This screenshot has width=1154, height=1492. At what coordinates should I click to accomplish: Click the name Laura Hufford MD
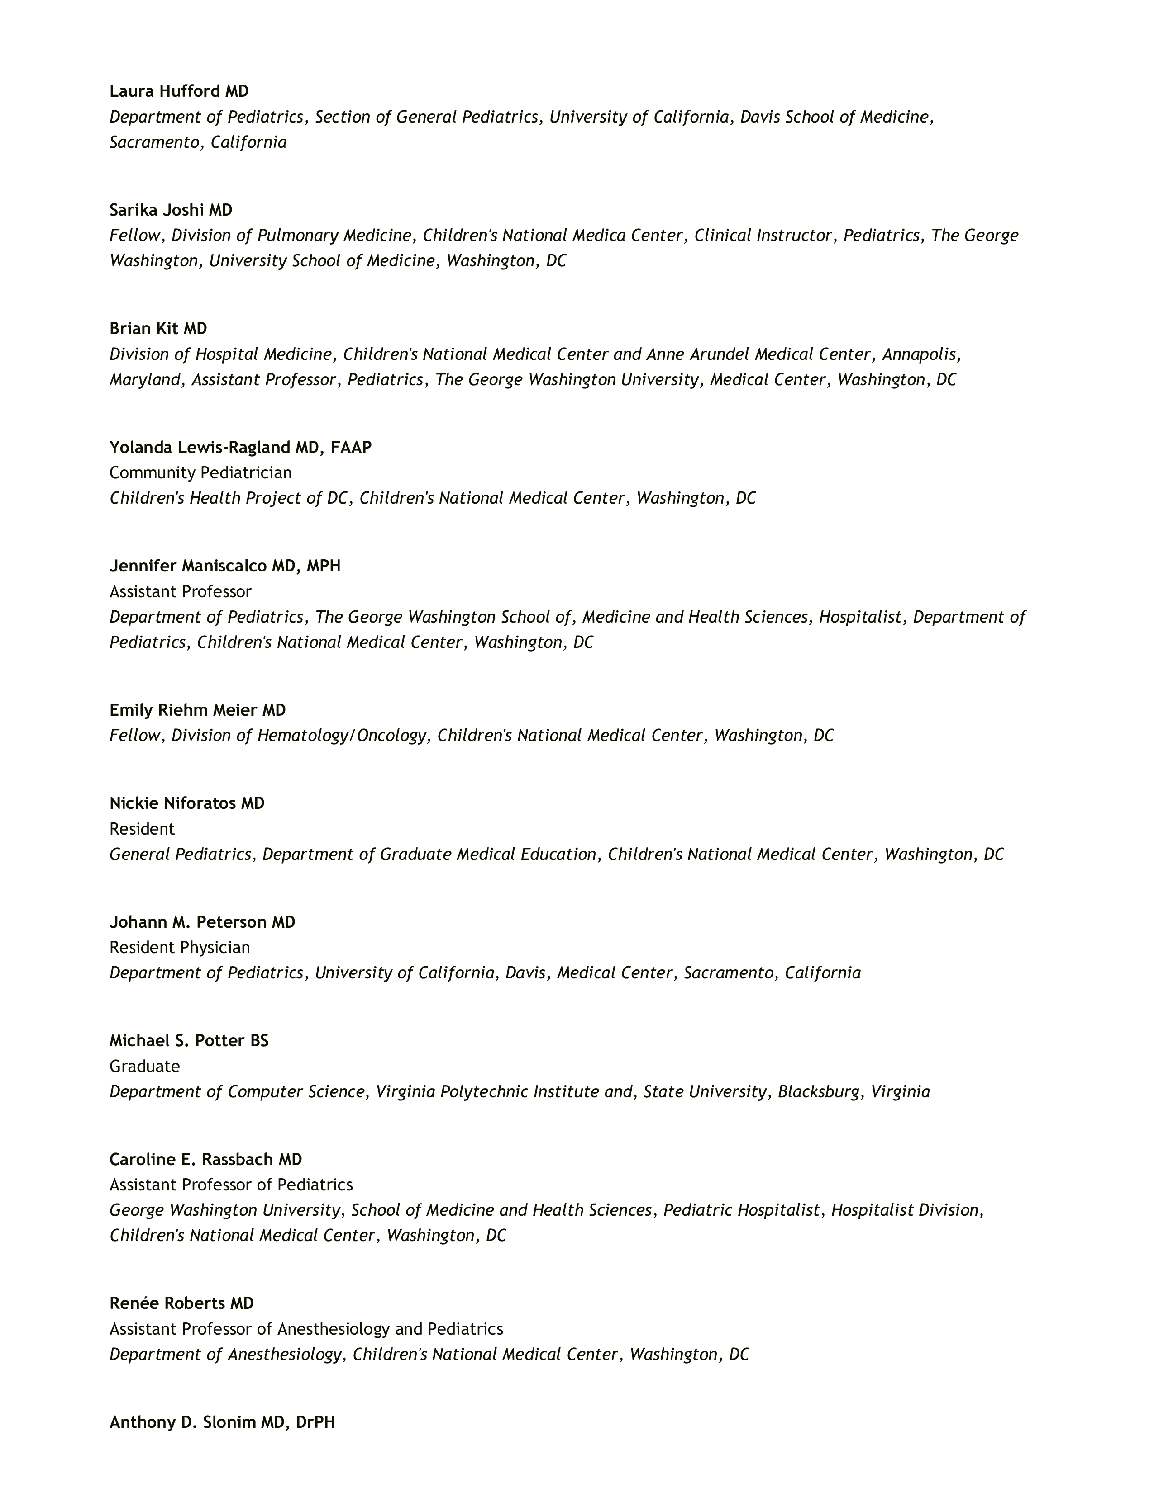coord(179,91)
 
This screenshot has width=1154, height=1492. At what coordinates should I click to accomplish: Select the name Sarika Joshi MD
coord(171,210)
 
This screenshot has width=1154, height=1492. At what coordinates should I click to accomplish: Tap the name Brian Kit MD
coord(158,329)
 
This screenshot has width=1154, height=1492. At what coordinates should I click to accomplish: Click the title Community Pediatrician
coord(200,473)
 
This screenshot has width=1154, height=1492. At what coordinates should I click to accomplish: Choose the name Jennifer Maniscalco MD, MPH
coord(225,567)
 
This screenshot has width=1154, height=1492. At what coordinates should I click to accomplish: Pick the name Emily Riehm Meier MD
coord(198,710)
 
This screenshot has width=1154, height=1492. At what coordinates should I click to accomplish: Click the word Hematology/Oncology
coord(341,736)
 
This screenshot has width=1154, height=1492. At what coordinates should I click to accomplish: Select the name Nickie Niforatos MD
coord(186,803)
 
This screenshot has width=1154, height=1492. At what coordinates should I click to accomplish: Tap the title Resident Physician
coord(180,948)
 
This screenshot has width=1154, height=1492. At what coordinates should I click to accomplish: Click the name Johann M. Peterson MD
coord(202,922)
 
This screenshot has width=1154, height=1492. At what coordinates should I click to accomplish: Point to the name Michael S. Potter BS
coord(189,1041)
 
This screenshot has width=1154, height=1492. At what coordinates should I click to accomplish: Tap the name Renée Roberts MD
coord(181,1303)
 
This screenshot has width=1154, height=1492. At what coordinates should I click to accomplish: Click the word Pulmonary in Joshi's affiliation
coord(297,236)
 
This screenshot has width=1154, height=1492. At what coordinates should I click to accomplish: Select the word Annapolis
coord(920,354)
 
